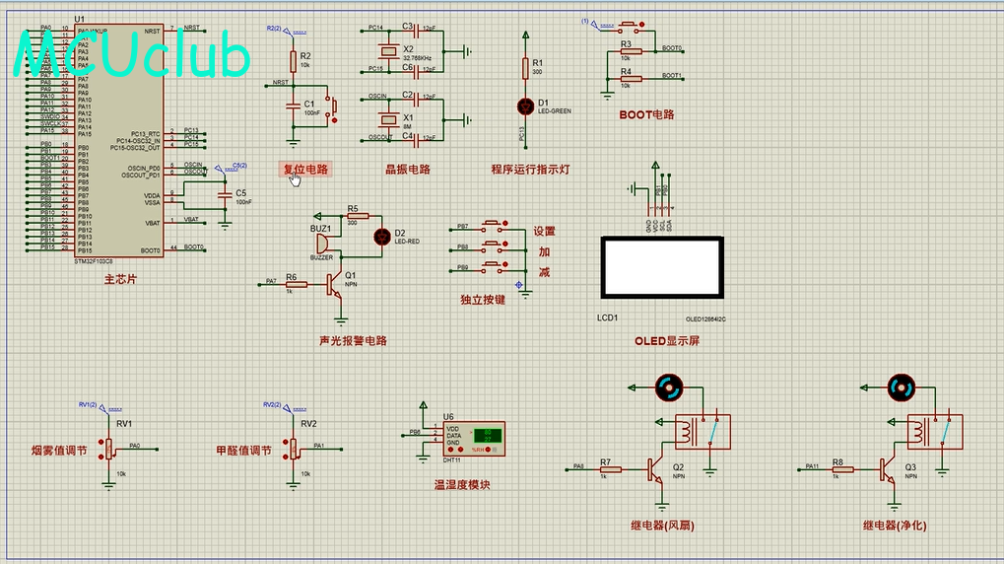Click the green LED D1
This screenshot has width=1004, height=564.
(524, 105)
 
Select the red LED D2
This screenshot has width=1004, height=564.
(382, 236)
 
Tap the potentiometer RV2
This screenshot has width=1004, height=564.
(292, 449)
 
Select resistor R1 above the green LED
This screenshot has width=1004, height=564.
(524, 68)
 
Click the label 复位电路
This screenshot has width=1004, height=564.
(305, 169)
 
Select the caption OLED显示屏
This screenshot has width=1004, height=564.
(666, 341)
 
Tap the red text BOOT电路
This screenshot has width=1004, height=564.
(646, 114)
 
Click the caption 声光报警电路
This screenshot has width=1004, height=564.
(353, 341)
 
